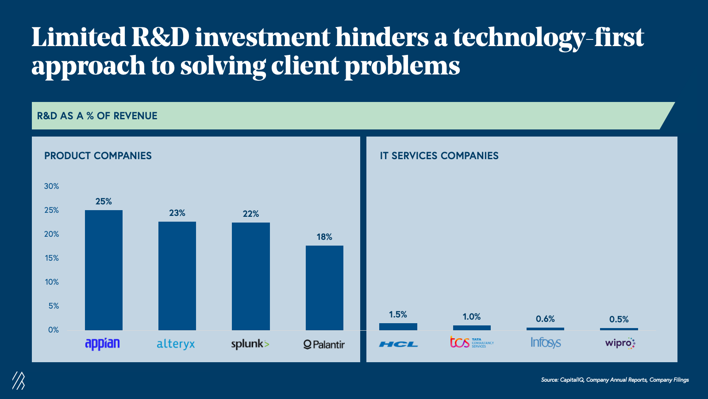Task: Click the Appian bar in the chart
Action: pos(104,270)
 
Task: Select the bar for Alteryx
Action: pos(177,276)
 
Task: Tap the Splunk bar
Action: pos(250,276)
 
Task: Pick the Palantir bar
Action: pos(324,288)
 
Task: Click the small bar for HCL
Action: pos(398,327)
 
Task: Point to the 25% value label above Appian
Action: pos(104,202)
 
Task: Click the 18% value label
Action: pos(324,237)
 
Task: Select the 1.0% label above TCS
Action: pos(472,317)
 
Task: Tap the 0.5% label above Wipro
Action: pos(619,320)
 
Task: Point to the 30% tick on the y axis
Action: pos(51,187)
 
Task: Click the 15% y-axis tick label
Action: pos(52,258)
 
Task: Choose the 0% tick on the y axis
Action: pos(53,330)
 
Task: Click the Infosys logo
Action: pos(546,343)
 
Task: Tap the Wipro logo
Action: pos(619,343)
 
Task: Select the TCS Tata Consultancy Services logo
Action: pos(472,342)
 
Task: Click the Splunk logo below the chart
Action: pos(250,344)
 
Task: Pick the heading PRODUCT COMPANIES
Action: pos(98,156)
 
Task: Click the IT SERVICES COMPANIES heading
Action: pos(439,156)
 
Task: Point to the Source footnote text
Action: pos(615,380)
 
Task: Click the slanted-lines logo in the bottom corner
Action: pos(19,380)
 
